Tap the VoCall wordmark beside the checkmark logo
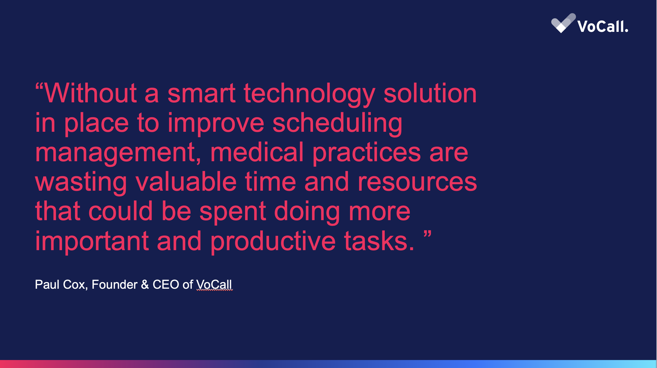coord(603,27)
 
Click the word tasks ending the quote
coord(379,241)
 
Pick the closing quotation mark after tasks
coord(428,234)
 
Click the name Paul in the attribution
coord(47,284)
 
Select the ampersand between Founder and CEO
coord(145,284)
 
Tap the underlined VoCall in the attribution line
coord(214,284)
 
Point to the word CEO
coord(166,284)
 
